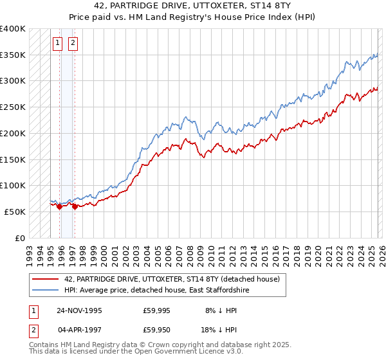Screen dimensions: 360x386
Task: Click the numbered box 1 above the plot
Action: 57,43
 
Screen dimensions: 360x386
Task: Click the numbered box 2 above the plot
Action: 72,43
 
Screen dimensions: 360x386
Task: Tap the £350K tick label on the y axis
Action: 13,55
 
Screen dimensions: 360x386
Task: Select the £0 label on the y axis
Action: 21,238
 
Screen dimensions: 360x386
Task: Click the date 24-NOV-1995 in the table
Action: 79,310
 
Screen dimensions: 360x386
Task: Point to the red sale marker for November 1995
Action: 59,206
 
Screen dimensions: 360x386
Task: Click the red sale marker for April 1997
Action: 74,206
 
